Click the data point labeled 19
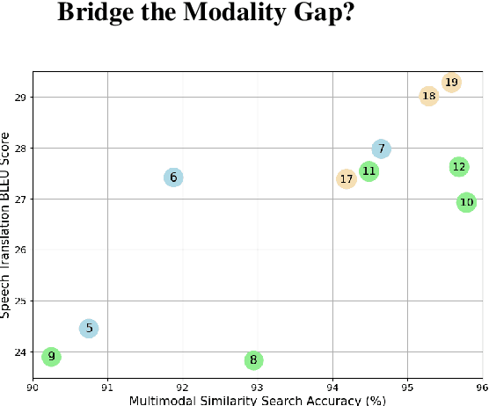point(451,83)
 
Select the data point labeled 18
point(428,96)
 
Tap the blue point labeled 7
point(381,149)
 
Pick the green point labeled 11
point(369,171)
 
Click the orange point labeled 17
point(347,179)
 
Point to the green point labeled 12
point(459,166)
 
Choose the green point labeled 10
point(466,202)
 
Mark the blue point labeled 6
point(173,178)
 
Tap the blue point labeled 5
point(88,328)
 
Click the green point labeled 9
point(52,356)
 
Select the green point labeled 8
point(253,359)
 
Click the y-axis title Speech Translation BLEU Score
point(7,224)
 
